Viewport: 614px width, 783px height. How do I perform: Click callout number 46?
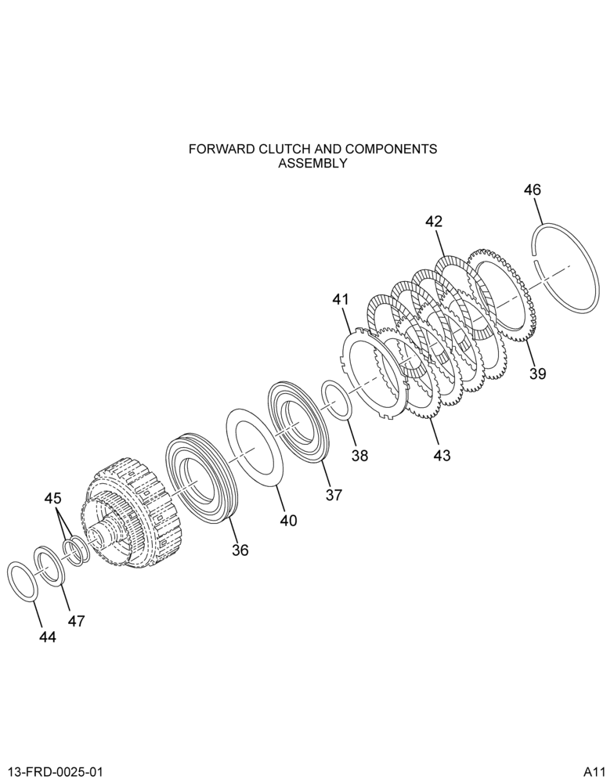pyautogui.click(x=532, y=189)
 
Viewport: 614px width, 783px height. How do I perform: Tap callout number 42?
pyautogui.click(x=434, y=222)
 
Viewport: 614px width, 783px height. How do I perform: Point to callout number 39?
pyautogui.click(x=537, y=373)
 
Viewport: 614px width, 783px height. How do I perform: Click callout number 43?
pyautogui.click(x=442, y=455)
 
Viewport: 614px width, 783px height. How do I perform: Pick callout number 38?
pyautogui.click(x=359, y=455)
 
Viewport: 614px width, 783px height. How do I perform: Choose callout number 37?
pyautogui.click(x=334, y=495)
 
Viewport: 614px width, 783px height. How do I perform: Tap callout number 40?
pyautogui.click(x=288, y=521)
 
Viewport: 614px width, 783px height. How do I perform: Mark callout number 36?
pyautogui.click(x=240, y=550)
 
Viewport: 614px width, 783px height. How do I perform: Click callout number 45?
pyautogui.click(x=52, y=498)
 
